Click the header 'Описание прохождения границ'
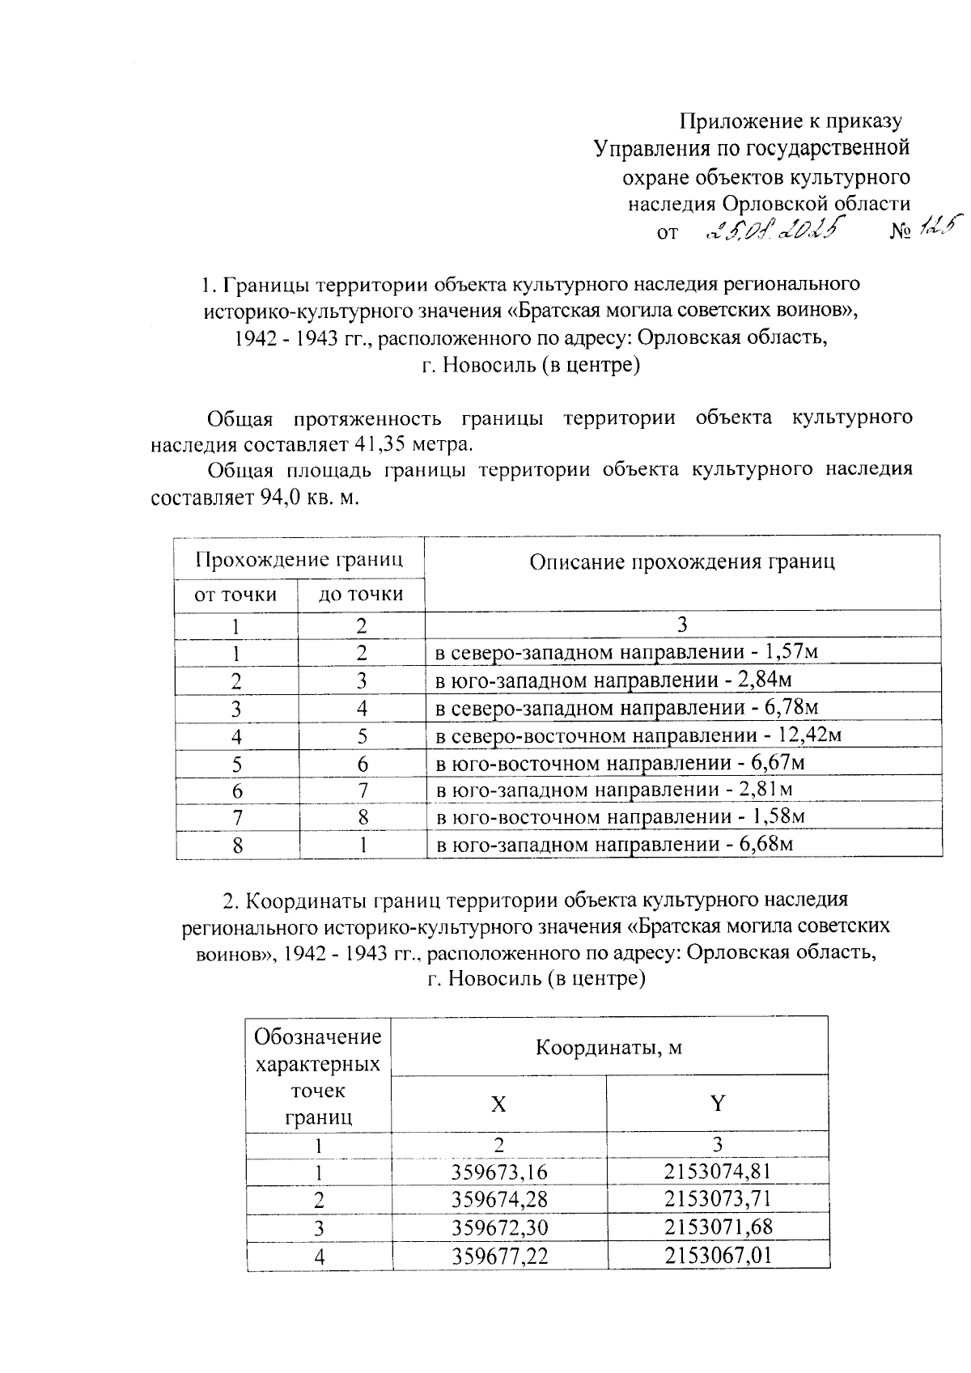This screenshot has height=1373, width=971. click(x=681, y=562)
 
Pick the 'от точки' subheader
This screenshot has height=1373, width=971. click(x=235, y=595)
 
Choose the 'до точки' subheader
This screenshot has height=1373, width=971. click(x=361, y=595)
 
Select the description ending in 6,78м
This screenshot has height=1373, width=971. click(x=627, y=709)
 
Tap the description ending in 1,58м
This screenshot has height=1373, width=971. click(x=621, y=817)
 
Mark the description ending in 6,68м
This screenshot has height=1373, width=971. click(x=613, y=845)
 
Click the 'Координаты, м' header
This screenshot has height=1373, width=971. click(x=608, y=1048)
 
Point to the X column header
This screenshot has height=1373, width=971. click(x=498, y=1104)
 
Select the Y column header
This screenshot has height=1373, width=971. click(x=717, y=1104)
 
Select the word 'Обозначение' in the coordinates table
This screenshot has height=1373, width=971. click(x=318, y=1036)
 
